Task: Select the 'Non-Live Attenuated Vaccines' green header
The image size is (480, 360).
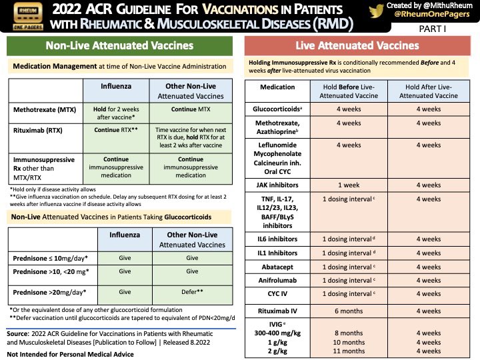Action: click(x=119, y=46)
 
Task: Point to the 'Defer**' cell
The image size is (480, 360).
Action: click(x=192, y=292)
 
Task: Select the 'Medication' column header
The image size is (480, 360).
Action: click(x=277, y=87)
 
